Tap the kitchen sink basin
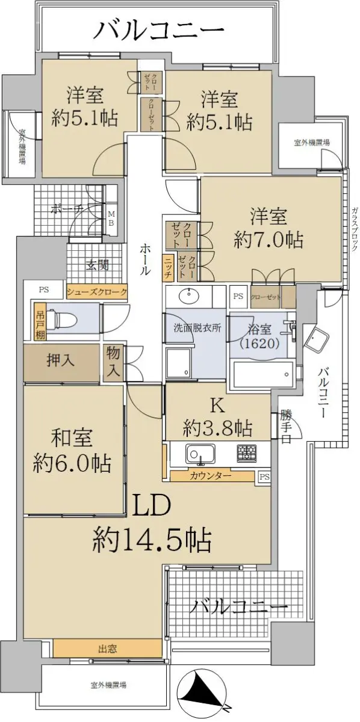point(200,454)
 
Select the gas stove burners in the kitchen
point(247,453)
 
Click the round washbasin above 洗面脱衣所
point(188,297)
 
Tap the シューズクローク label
point(97,292)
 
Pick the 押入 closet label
point(61,360)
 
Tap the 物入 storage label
point(113,362)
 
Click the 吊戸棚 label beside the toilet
point(40,322)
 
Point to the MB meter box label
point(111,218)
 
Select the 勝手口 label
point(287,425)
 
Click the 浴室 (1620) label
point(259,336)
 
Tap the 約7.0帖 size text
point(268,241)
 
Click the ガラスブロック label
point(355,229)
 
